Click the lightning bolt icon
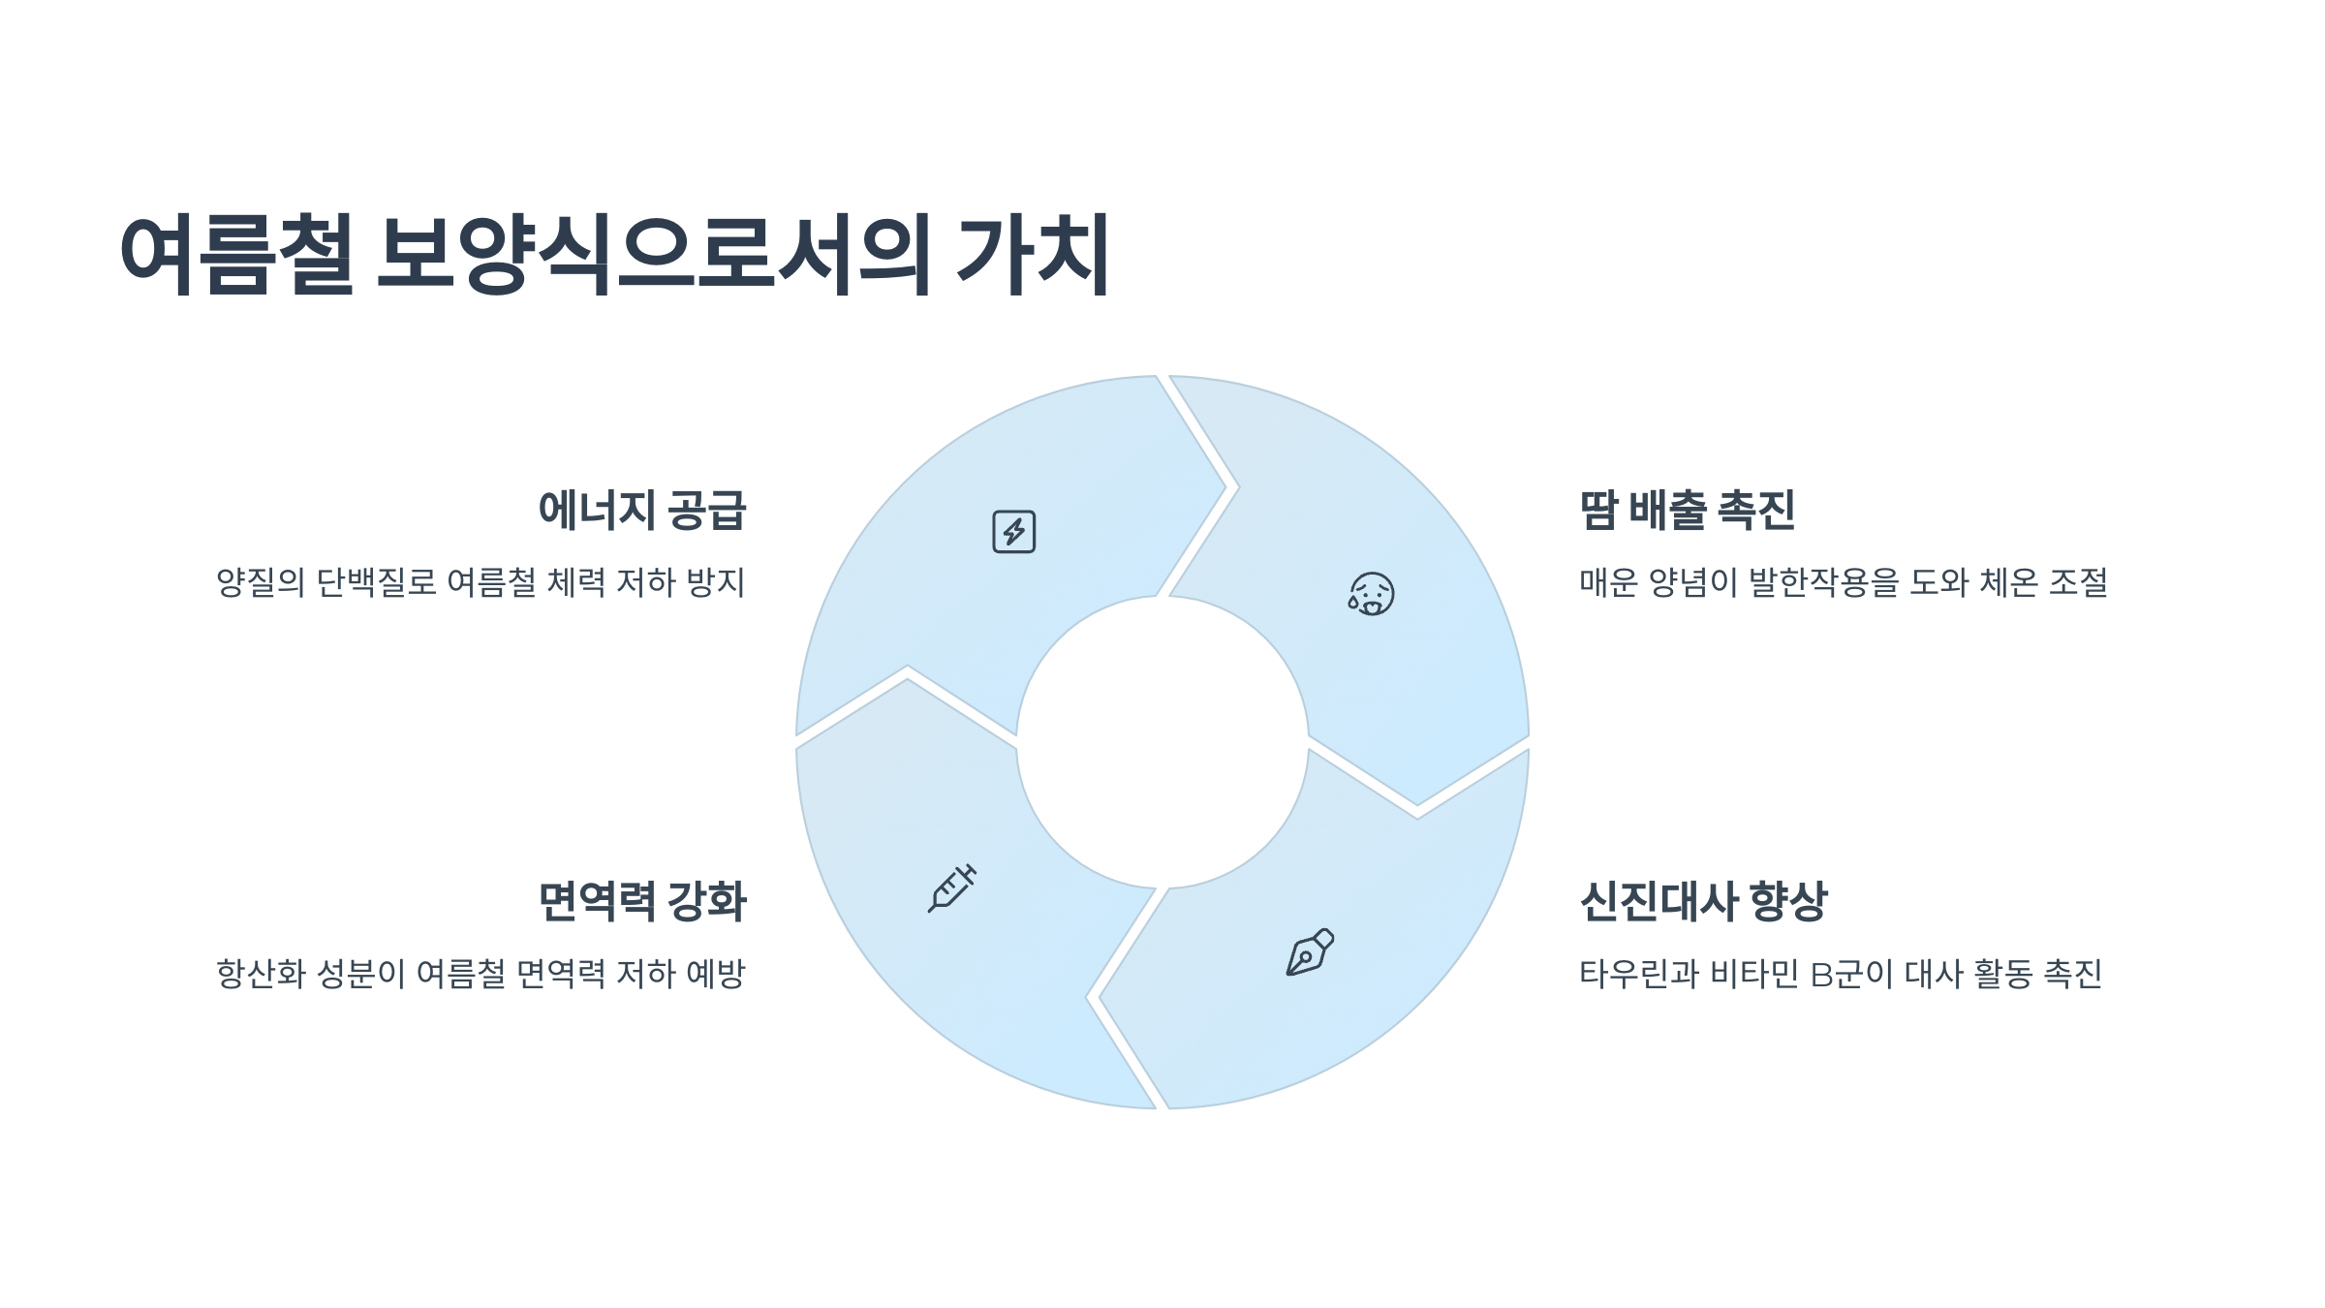pyautogui.click(x=1013, y=532)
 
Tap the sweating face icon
pyautogui.click(x=1371, y=594)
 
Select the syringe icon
pyautogui.click(x=952, y=888)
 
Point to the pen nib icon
pyautogui.click(x=1310, y=952)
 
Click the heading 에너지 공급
pyautogui.click(x=642, y=511)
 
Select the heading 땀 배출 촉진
pyautogui.click(x=1687, y=511)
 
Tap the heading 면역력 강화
pyautogui.click(x=642, y=902)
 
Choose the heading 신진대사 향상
pyautogui.click(x=1703, y=902)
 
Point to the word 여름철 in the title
pyautogui.click(x=236, y=255)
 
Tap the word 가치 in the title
pyautogui.click(x=1033, y=255)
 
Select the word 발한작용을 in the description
pyautogui.click(x=1824, y=583)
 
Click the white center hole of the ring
pyautogui.click(x=1162, y=742)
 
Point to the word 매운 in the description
pyautogui.click(x=1608, y=583)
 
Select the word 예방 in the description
pyautogui.click(x=716, y=974)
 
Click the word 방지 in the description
pyautogui.click(x=716, y=583)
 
